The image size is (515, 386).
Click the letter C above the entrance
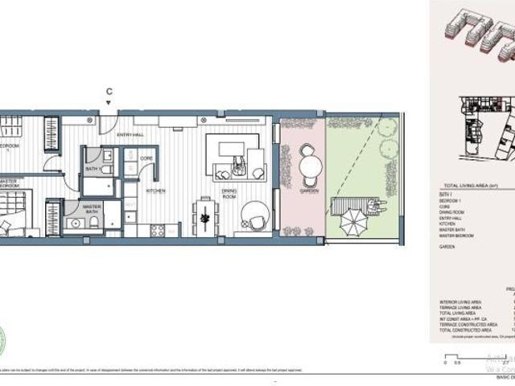[109, 92]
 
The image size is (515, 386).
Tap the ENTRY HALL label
[130, 135]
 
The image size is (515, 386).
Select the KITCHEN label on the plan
[155, 191]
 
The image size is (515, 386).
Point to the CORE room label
[146, 158]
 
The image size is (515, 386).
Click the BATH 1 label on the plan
[94, 169]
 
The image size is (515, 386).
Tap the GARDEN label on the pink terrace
[310, 191]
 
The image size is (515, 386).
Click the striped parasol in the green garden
[352, 217]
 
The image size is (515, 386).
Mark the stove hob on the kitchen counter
[159, 230]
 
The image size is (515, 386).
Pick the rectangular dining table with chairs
[206, 216]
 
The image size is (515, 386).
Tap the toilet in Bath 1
[109, 155]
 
